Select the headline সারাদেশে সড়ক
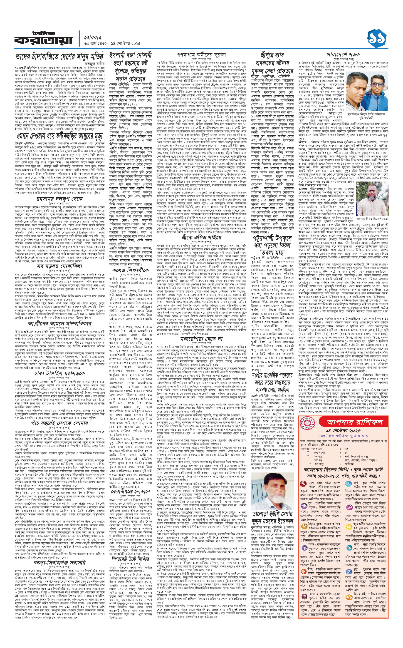(343, 55)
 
